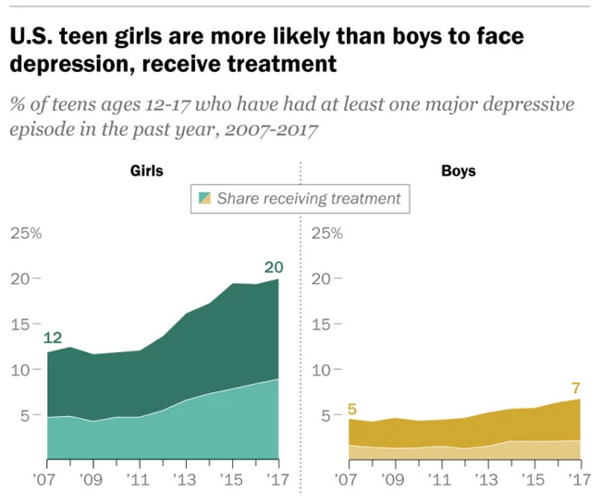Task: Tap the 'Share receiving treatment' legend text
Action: (x=309, y=198)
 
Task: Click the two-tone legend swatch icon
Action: (x=204, y=198)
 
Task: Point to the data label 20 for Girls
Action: (x=273, y=267)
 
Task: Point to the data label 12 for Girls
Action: (x=53, y=337)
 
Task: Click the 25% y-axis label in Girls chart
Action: (x=25, y=232)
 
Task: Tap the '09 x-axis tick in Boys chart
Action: (x=392, y=481)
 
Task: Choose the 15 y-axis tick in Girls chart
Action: (x=19, y=324)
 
